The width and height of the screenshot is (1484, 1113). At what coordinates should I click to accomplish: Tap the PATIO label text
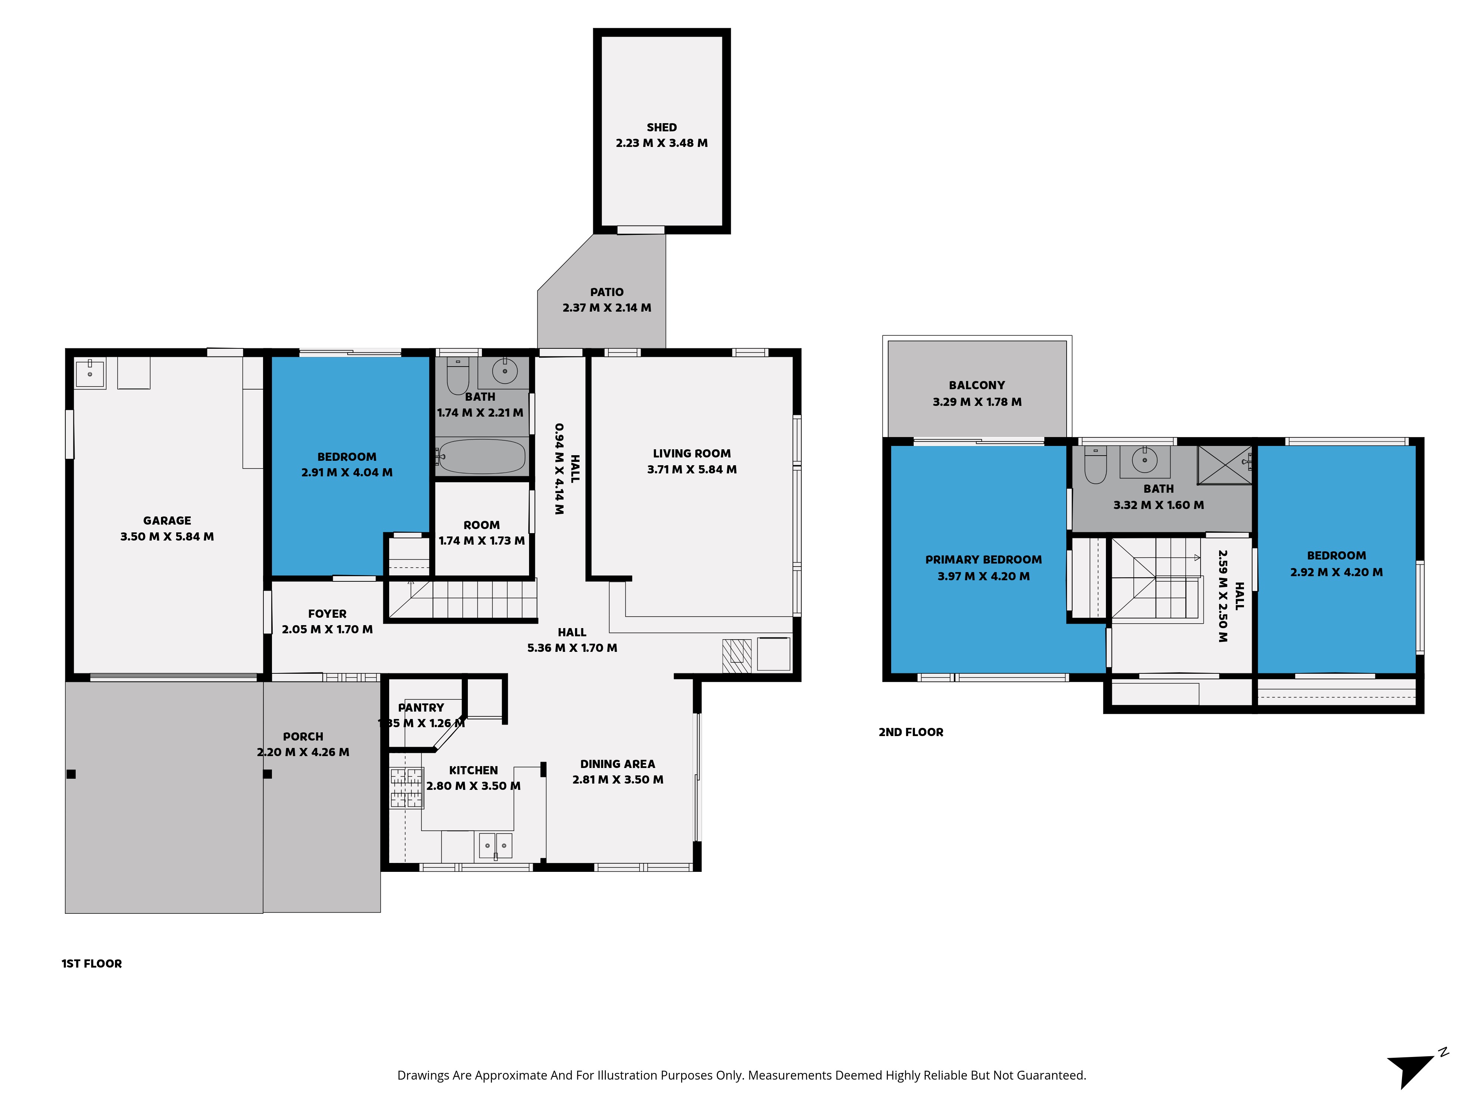coord(607,292)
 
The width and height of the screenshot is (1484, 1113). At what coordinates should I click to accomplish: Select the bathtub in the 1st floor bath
coord(481,457)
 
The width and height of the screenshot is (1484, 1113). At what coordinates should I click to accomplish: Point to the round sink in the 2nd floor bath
coord(1145,460)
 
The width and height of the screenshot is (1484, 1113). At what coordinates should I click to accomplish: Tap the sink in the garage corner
coord(90,373)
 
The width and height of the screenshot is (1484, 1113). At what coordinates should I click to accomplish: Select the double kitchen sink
coord(495,846)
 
